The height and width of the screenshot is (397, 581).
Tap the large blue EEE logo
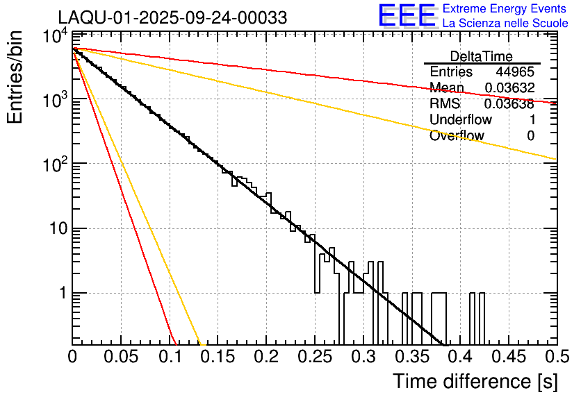point(406,17)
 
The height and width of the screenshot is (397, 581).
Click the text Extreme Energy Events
point(505,9)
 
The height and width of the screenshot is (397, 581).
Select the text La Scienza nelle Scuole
point(505,23)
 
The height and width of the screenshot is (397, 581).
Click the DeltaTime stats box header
point(482,56)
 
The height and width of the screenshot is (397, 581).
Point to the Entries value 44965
point(515,72)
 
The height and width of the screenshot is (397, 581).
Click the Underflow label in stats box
point(460,120)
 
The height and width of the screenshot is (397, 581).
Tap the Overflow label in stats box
point(457,136)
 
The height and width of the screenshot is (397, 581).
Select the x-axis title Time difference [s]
point(475,381)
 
